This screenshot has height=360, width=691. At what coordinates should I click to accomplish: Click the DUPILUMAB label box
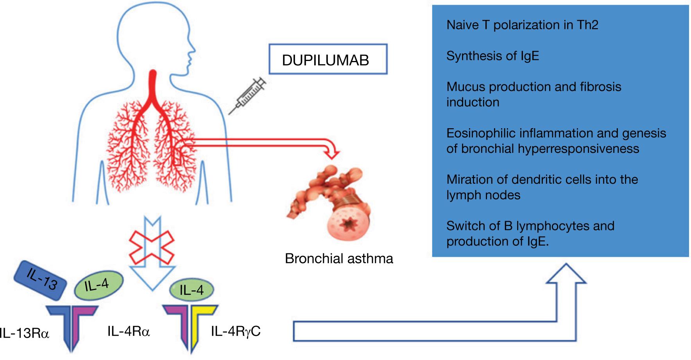point(328,59)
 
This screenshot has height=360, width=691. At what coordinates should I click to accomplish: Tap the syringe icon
point(247,96)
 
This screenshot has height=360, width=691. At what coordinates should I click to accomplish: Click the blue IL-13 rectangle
point(40,280)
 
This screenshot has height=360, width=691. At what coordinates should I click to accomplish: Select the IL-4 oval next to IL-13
point(98,286)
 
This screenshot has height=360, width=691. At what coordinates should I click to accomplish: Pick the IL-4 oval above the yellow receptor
point(191,290)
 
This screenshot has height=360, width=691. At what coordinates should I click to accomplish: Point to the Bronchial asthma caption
point(339,259)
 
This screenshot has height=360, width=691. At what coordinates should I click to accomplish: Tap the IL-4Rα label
point(129,331)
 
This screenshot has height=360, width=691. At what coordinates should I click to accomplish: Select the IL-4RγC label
point(236,331)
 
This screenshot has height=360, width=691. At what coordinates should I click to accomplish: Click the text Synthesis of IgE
point(492,56)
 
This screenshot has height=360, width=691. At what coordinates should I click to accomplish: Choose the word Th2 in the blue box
point(587,25)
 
